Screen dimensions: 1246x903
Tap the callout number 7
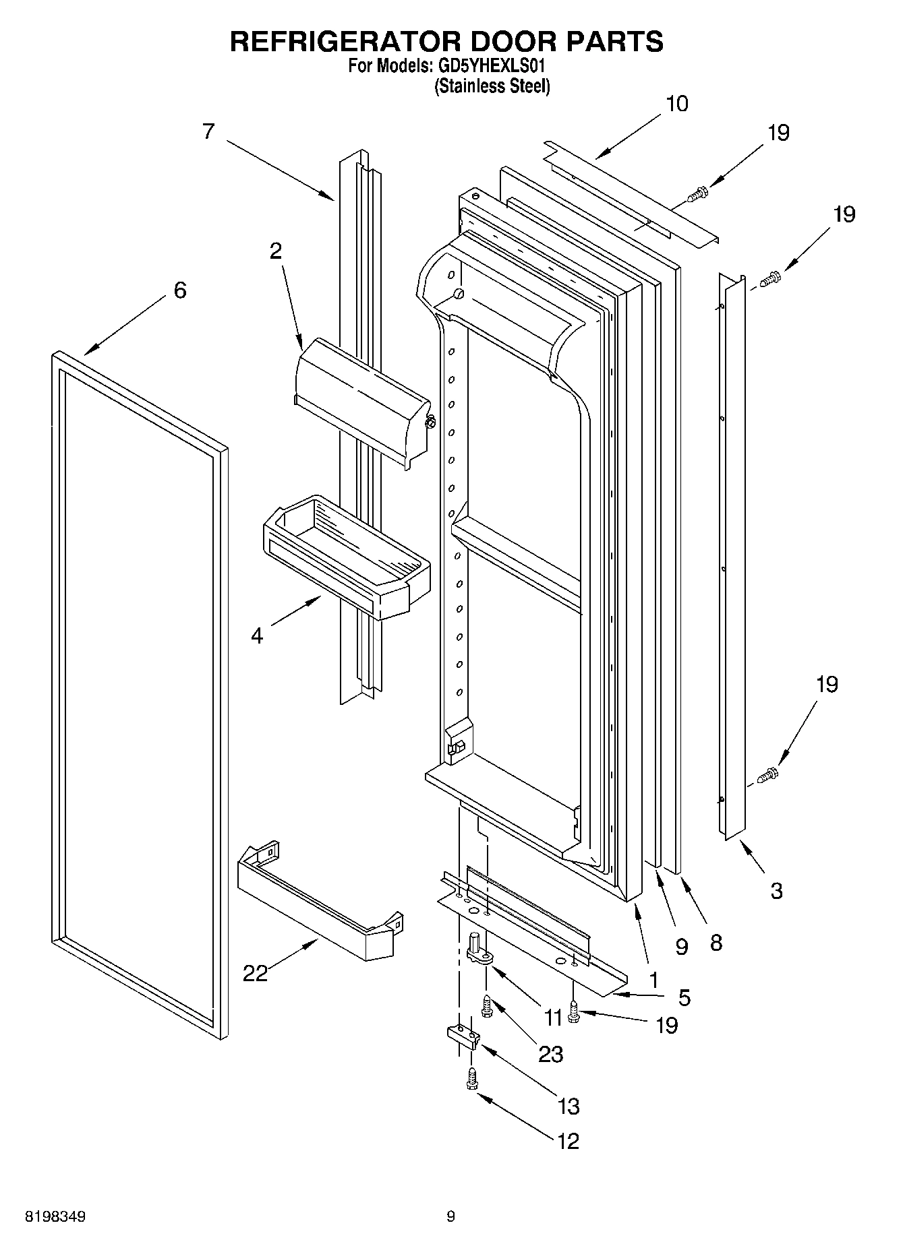click(x=208, y=131)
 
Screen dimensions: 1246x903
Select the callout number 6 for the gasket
click(x=180, y=290)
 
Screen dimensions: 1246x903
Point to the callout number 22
click(x=255, y=973)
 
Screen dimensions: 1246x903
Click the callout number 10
click(x=677, y=104)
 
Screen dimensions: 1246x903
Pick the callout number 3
click(x=776, y=891)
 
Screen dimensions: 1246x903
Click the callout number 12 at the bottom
click(x=568, y=1141)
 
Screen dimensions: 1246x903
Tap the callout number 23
click(x=550, y=1054)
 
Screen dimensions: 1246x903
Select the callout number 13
click(x=569, y=1106)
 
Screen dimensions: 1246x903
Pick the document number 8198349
click(x=55, y=1217)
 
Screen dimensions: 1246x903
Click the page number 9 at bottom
click(x=450, y=1216)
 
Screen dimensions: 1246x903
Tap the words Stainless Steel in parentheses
click(x=492, y=86)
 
